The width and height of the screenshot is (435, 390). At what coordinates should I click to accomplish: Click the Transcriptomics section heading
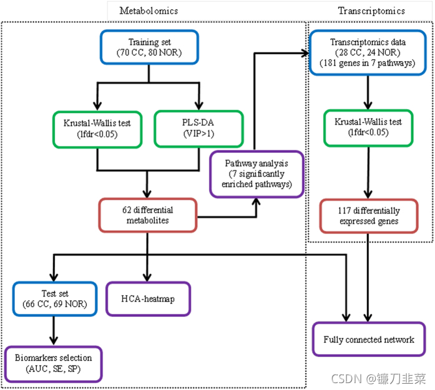click(371, 11)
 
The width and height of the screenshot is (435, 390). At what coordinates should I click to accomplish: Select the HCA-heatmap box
click(148, 299)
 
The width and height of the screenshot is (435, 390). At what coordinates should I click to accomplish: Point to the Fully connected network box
click(369, 339)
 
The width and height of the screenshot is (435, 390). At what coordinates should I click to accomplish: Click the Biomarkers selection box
click(53, 364)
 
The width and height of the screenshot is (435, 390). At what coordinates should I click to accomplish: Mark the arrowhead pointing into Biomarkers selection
click(53, 342)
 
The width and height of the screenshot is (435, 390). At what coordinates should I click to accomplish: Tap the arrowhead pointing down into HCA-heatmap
click(147, 277)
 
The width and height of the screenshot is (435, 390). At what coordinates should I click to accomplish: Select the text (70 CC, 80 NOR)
click(148, 52)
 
